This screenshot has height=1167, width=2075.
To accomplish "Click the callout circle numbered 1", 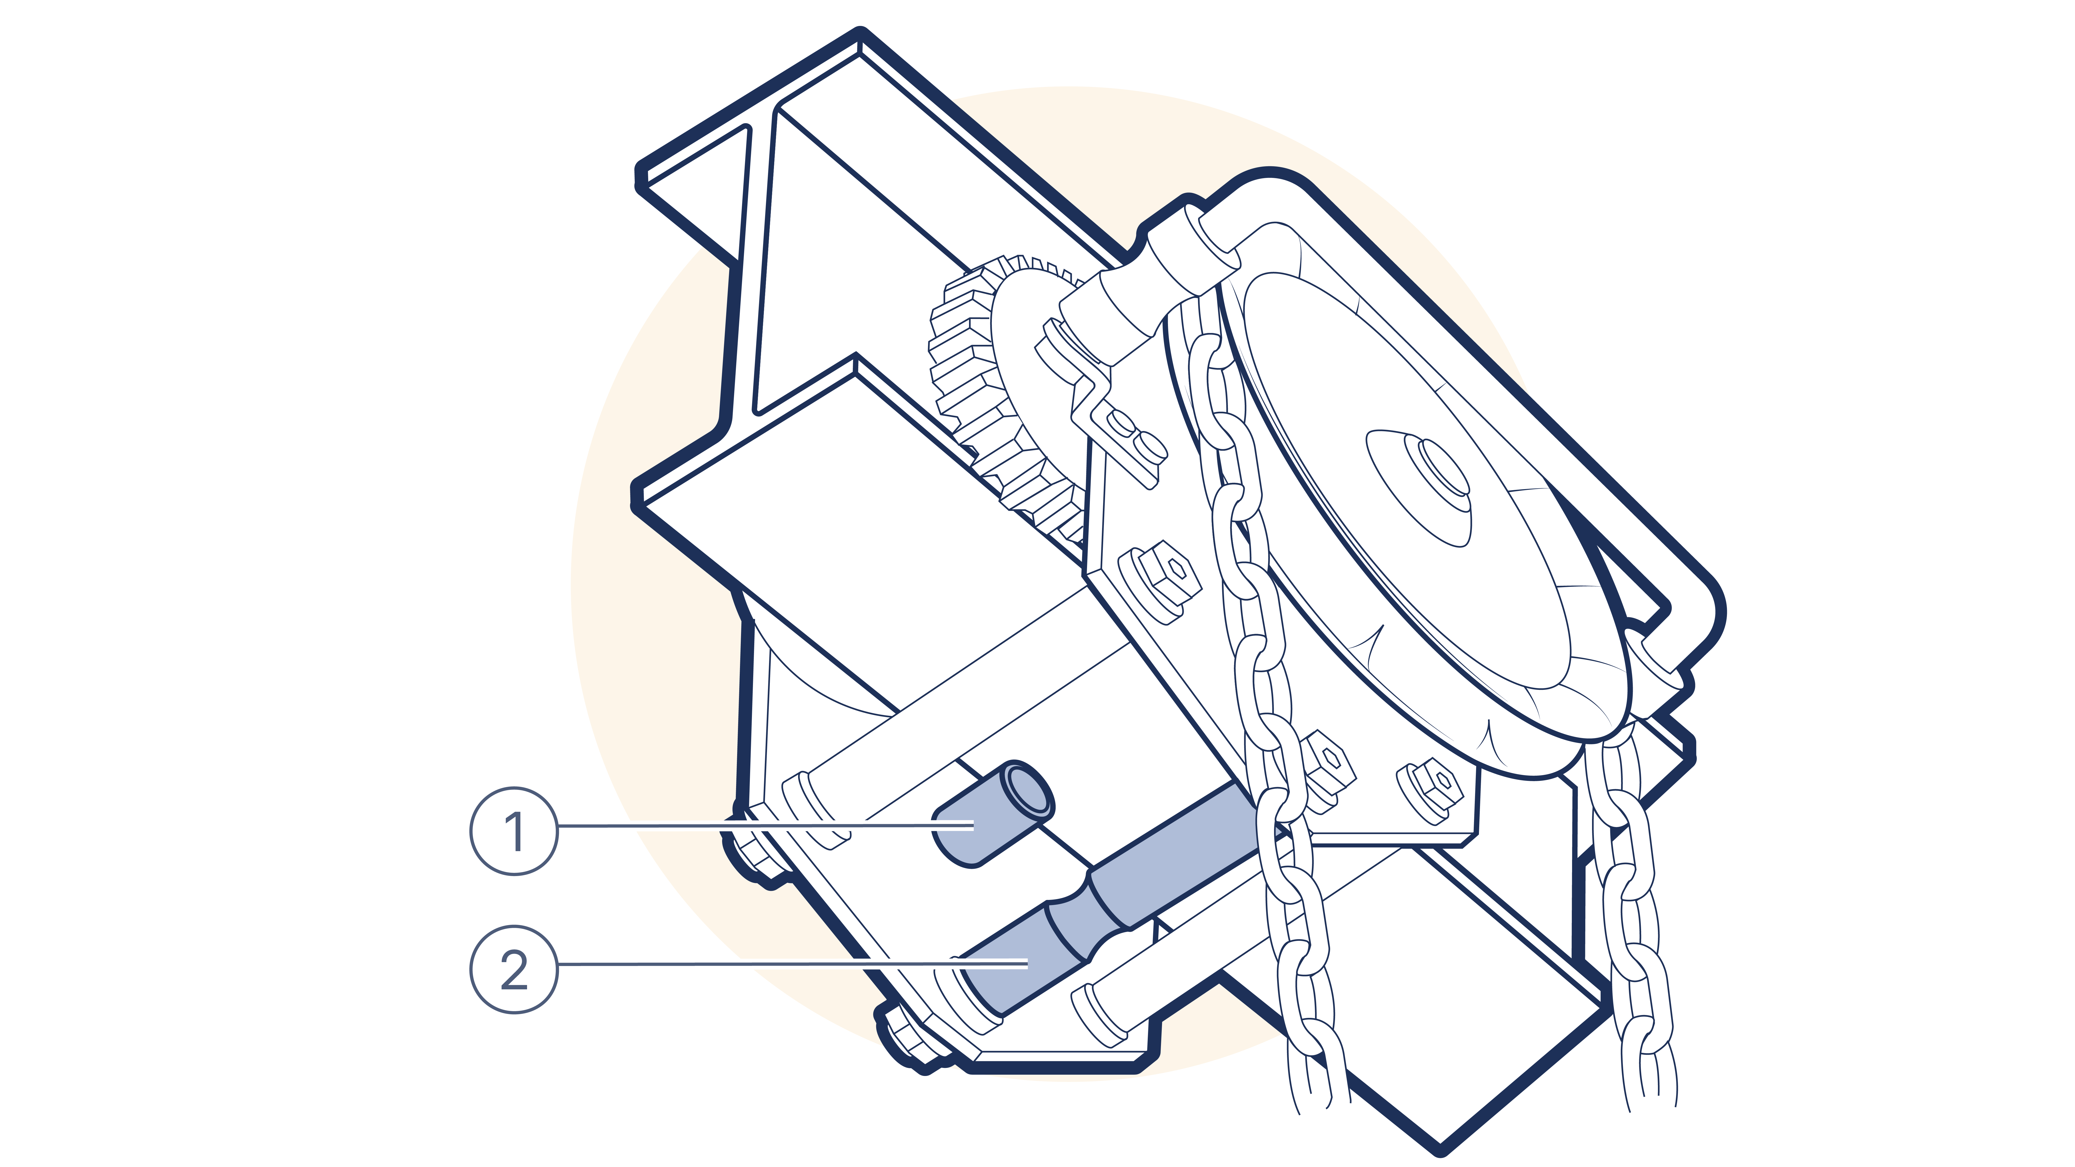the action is point(514,830).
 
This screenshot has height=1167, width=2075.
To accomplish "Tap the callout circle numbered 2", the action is point(514,969).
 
